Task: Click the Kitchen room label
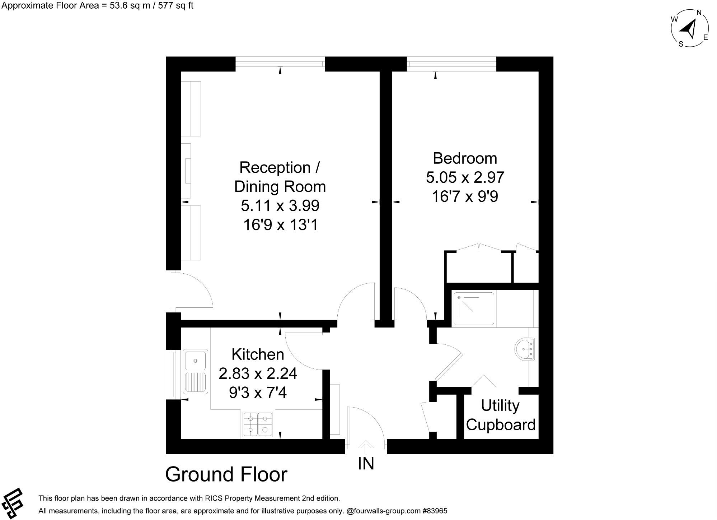258,354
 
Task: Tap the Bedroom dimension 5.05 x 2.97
465,177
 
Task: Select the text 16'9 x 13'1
280,225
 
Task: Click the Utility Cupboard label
500,415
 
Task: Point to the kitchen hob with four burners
258,424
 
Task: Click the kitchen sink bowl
196,360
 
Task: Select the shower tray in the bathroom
474,309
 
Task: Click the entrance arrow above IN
366,447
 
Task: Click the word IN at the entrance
366,464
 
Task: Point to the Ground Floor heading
226,474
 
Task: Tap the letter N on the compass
699,13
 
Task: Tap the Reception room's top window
280,64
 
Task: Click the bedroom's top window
451,64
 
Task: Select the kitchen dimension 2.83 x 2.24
258,373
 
